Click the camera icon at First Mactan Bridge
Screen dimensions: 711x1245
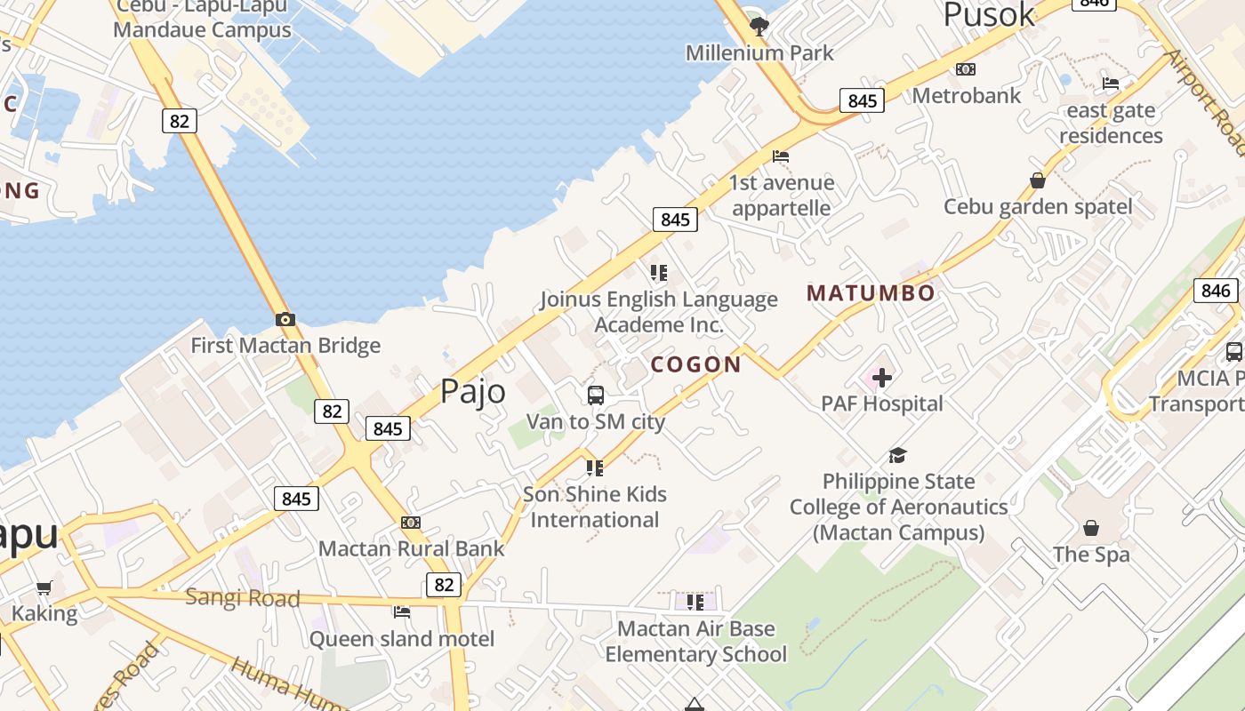(x=285, y=320)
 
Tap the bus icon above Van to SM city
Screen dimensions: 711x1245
(x=596, y=395)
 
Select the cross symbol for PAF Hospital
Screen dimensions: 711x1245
(x=882, y=379)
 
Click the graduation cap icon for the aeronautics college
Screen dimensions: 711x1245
(x=898, y=456)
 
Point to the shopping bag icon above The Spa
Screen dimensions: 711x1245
(x=1091, y=528)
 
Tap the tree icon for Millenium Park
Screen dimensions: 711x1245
(x=759, y=26)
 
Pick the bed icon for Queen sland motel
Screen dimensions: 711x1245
(x=402, y=611)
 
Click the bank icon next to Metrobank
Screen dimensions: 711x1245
(x=966, y=69)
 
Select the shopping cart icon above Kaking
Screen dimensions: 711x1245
(x=44, y=587)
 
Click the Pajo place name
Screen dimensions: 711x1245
(x=473, y=392)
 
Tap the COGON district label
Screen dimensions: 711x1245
(x=696, y=364)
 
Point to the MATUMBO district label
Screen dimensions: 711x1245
(x=871, y=293)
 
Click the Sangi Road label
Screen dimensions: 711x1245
(x=243, y=598)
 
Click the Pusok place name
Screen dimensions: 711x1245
(x=989, y=15)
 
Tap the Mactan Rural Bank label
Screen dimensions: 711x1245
(x=412, y=548)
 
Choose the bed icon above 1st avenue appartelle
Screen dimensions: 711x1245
(x=781, y=156)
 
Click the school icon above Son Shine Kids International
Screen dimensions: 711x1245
(x=595, y=467)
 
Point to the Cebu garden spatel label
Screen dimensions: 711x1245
(x=1038, y=207)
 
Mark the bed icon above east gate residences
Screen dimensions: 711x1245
(x=1111, y=84)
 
